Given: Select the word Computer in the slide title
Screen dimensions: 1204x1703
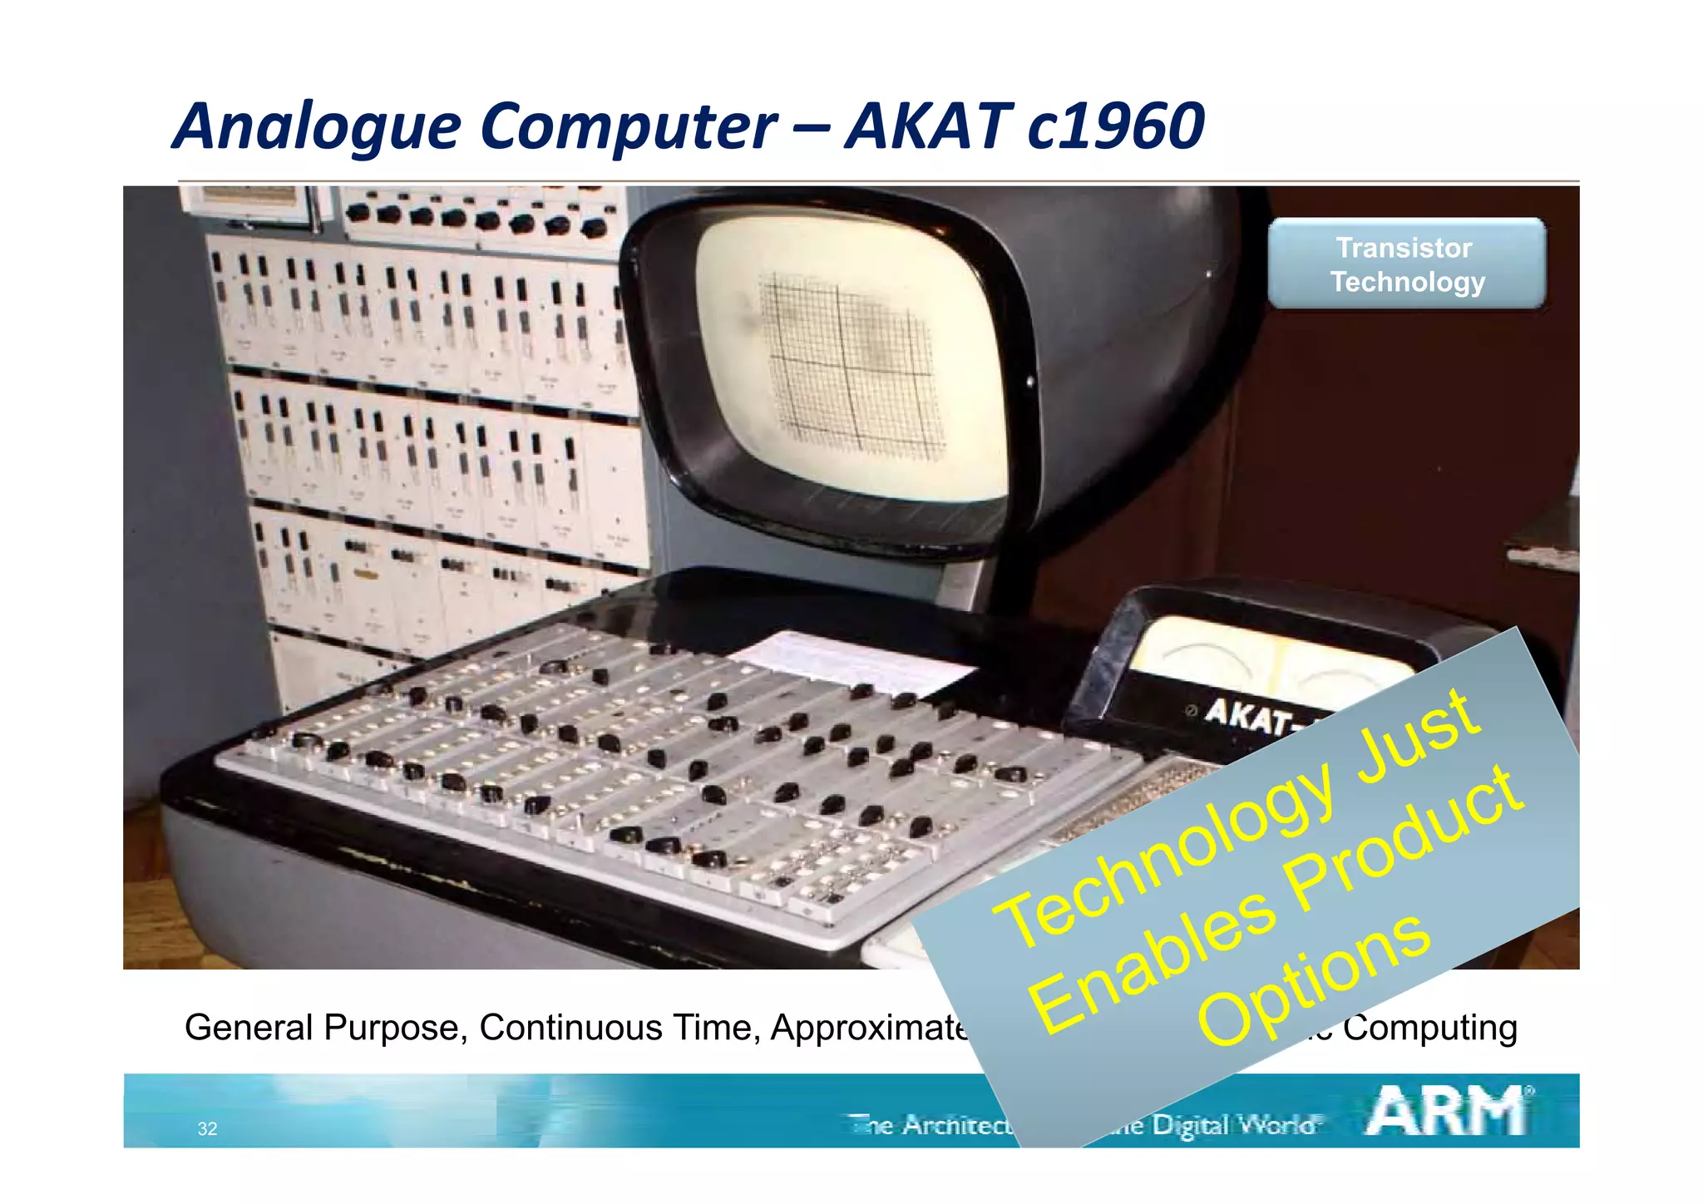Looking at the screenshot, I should [628, 126].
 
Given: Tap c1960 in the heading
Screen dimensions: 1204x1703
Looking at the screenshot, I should [1115, 126].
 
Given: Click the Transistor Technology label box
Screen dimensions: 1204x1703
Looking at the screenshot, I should [1406, 264].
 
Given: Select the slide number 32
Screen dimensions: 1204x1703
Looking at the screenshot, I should [207, 1128].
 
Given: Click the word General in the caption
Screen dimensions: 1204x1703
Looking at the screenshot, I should [249, 1028].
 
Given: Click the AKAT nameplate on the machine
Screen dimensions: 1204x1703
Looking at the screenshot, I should [1247, 715].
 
